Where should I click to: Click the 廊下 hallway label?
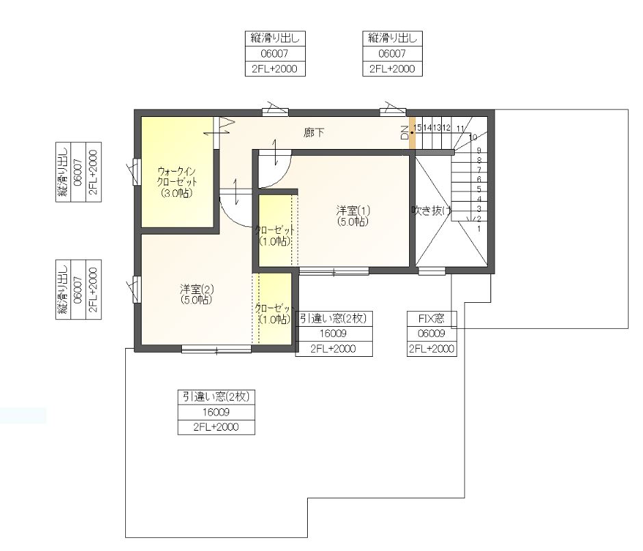[x=314, y=133]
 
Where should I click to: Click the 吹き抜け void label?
[x=432, y=211]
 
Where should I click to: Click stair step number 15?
[x=417, y=128]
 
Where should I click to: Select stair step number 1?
[x=479, y=229]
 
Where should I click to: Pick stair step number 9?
[x=479, y=150]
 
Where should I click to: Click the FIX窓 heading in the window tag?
[x=432, y=319]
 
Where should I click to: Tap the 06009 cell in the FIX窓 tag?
[x=432, y=334]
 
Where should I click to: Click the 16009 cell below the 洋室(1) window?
[x=333, y=334]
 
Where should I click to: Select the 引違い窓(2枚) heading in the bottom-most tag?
[x=216, y=397]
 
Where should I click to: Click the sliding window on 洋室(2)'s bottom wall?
[x=216, y=349]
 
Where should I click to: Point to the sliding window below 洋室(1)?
[x=334, y=271]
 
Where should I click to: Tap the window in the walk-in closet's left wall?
[x=137, y=172]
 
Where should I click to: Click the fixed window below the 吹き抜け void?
[x=432, y=271]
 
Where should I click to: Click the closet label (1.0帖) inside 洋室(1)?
[x=275, y=236]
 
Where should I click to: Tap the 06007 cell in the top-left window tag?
[x=275, y=54]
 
